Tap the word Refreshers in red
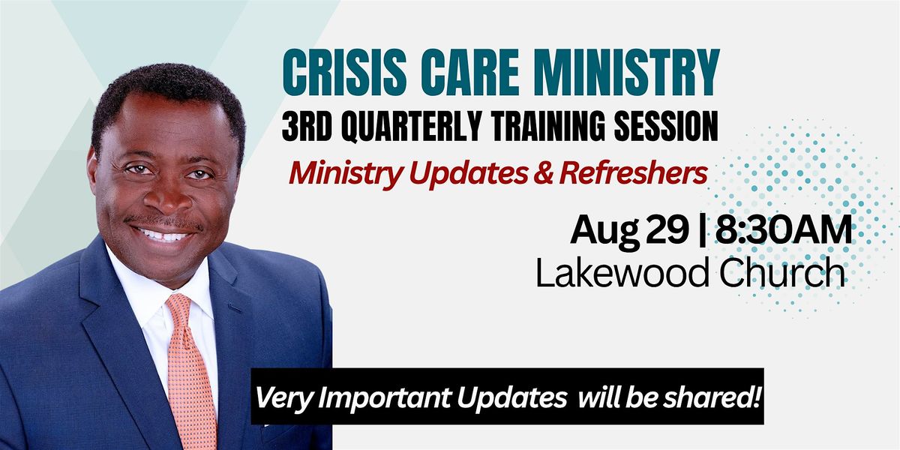coord(633,173)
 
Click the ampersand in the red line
coord(544,173)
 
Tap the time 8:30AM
coord(784,229)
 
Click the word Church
coord(781,272)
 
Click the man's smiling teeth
coord(163,235)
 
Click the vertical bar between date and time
coord(702,232)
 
